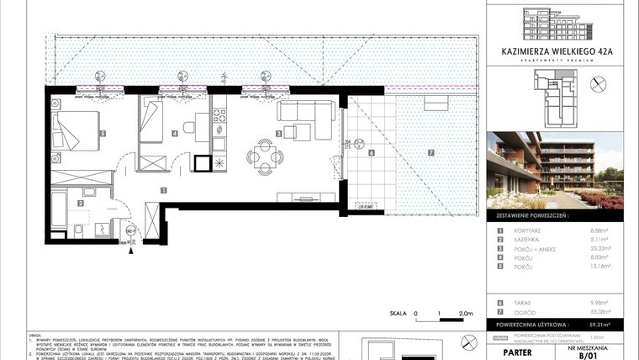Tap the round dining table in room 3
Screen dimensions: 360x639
coord(264,155)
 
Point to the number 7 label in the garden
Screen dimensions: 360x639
coord(429,153)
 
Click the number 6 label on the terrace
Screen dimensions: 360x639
coord(371,153)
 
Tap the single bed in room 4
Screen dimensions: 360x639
coord(155,121)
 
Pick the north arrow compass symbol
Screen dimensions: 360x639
coord(598,83)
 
